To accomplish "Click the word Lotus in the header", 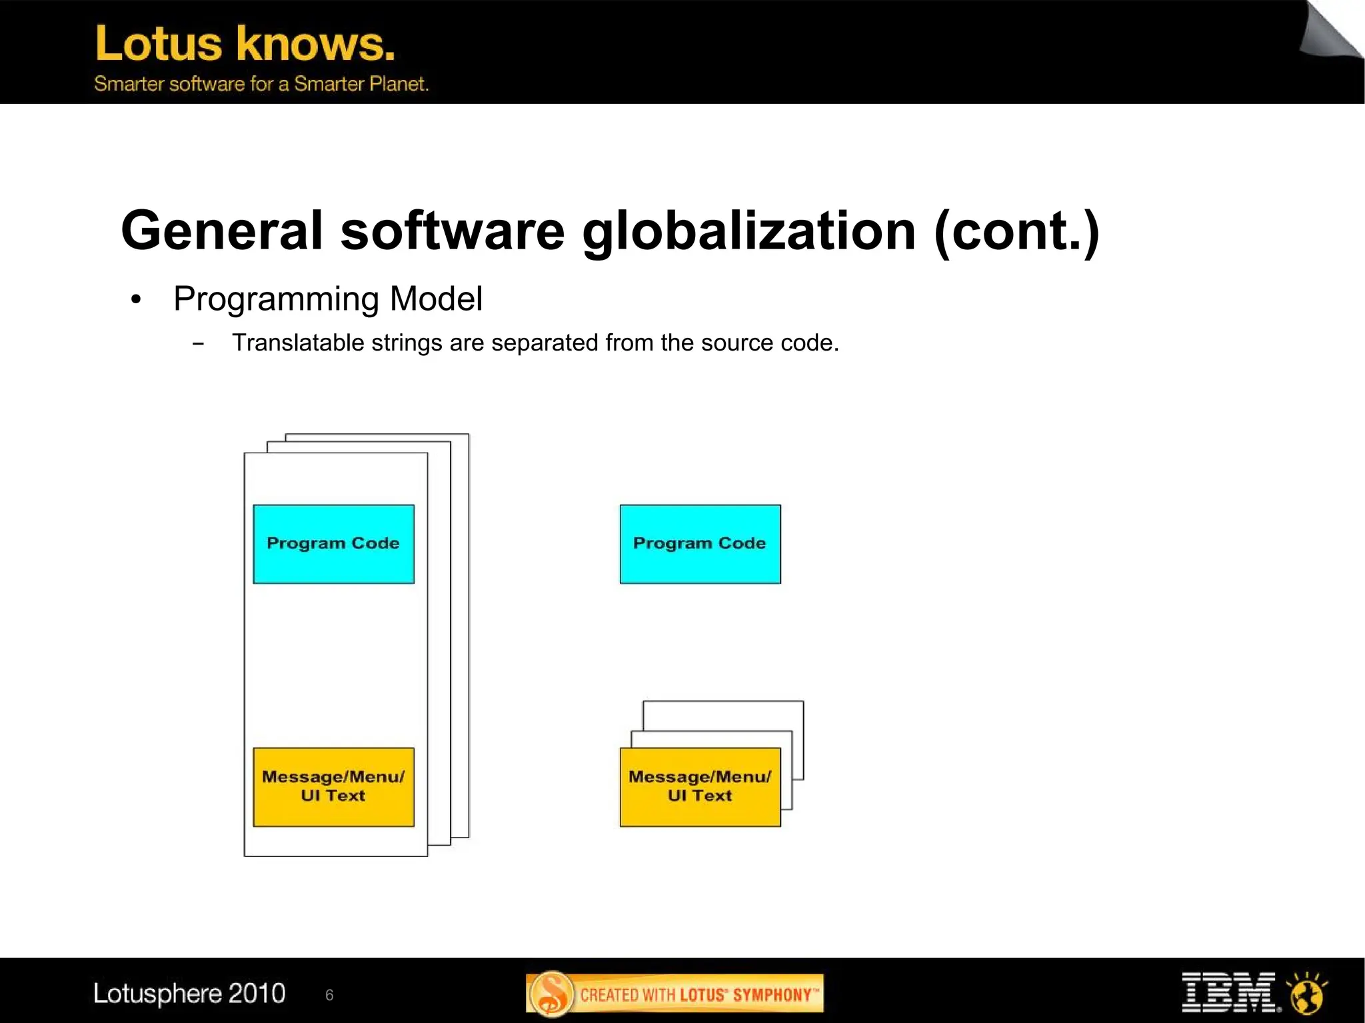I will point(159,44).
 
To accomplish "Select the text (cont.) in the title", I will point(1016,231).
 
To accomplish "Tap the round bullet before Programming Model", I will point(136,300).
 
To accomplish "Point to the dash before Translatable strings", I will point(198,344).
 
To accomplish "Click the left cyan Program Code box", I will point(333,544).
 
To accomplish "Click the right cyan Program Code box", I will point(700,544).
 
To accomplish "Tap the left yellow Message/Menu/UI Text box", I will point(333,786).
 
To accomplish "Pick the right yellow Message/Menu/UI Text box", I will point(700,786).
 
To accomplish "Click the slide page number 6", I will point(329,995).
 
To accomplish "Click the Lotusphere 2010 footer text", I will point(189,993).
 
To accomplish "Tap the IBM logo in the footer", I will point(1228,992).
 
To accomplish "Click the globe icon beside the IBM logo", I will point(1306,993).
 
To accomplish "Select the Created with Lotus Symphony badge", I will point(675,994).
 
